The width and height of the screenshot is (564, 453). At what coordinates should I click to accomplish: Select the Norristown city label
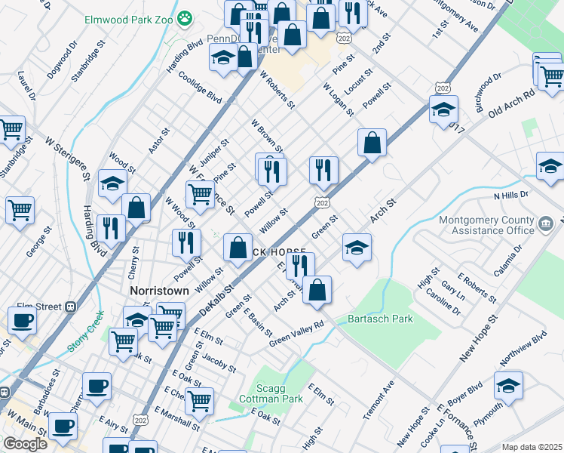(158, 289)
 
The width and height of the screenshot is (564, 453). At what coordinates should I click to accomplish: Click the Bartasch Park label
(380, 319)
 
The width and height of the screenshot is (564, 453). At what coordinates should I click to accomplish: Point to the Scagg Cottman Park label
(270, 393)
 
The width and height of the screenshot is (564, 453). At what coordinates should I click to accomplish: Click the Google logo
(25, 443)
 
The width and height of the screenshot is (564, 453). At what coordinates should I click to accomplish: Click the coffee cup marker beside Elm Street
(22, 319)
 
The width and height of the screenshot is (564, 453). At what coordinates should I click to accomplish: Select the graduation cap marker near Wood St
(112, 184)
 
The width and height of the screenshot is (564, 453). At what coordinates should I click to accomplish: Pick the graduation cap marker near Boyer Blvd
(509, 385)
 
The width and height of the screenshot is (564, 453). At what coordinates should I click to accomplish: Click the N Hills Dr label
(511, 196)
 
